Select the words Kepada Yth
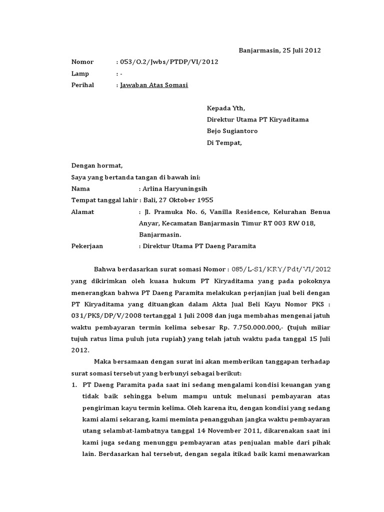pyautogui.click(x=226, y=108)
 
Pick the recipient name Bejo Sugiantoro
pyautogui.click(x=232, y=131)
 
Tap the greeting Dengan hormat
pyautogui.click(x=96, y=166)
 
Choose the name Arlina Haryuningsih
pyautogui.click(x=174, y=189)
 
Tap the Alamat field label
pyautogui.click(x=83, y=212)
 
